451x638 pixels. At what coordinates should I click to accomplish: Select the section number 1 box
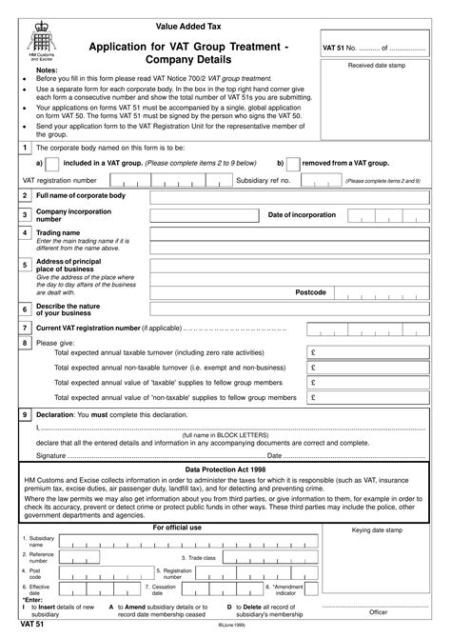click(23, 148)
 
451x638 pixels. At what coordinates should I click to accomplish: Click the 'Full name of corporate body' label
click(81, 194)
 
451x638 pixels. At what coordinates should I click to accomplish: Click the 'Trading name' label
click(58, 232)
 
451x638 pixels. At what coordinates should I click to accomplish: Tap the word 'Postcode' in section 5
click(310, 291)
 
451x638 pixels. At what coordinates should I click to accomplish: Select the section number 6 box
click(23, 309)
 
